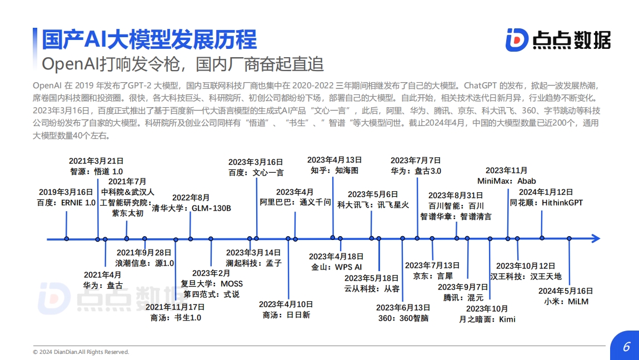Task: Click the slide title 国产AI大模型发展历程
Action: click(x=149, y=39)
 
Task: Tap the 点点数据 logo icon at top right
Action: click(x=517, y=39)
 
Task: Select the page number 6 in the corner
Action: click(x=626, y=347)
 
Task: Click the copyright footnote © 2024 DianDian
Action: click(x=81, y=352)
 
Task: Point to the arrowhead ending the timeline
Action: click(x=596, y=238)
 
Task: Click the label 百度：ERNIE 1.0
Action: click(x=66, y=203)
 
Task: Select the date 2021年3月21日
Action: click(x=96, y=161)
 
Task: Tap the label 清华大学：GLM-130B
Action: click(x=191, y=208)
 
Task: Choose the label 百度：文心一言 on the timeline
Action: click(x=256, y=173)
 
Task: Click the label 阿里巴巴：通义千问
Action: click(x=295, y=202)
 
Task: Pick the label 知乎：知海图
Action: click(x=335, y=171)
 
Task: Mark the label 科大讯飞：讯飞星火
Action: click(x=373, y=205)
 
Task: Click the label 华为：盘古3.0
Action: click(x=416, y=171)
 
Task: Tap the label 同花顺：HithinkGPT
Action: click(x=546, y=203)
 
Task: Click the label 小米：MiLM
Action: click(x=566, y=302)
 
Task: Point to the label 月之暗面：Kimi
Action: click(x=487, y=319)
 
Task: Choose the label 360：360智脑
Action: click(x=403, y=318)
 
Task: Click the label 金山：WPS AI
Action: click(x=336, y=267)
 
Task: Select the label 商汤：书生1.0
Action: click(x=176, y=318)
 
